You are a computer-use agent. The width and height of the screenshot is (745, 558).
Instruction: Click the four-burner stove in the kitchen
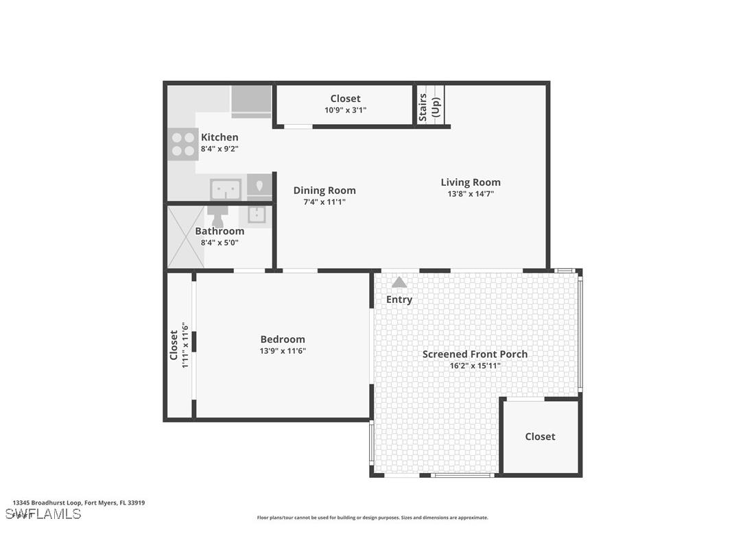182,144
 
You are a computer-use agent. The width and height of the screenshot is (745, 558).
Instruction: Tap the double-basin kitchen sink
226,189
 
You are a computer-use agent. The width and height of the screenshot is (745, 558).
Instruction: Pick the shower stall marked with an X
186,237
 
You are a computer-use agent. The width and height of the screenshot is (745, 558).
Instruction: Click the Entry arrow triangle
399,282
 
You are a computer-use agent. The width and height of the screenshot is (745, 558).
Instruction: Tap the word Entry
399,300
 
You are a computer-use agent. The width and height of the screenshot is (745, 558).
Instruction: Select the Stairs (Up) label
429,106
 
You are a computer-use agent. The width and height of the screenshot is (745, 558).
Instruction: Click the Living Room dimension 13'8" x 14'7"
471,194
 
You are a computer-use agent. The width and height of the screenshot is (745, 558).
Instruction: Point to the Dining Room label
324,191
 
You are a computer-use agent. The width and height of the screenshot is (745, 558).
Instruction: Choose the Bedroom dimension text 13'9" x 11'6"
283,351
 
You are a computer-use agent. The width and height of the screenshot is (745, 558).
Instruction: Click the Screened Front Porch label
475,354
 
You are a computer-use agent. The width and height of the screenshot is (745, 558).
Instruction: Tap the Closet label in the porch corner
540,437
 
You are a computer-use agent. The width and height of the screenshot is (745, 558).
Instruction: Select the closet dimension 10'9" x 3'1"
345,110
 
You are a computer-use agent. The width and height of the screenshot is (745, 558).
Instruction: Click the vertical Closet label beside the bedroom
174,345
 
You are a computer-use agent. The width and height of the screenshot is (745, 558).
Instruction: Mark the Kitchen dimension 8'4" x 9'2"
220,149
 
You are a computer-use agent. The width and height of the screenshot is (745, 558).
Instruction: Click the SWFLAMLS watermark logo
43,514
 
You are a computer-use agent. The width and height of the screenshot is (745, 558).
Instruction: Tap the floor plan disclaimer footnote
372,518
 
